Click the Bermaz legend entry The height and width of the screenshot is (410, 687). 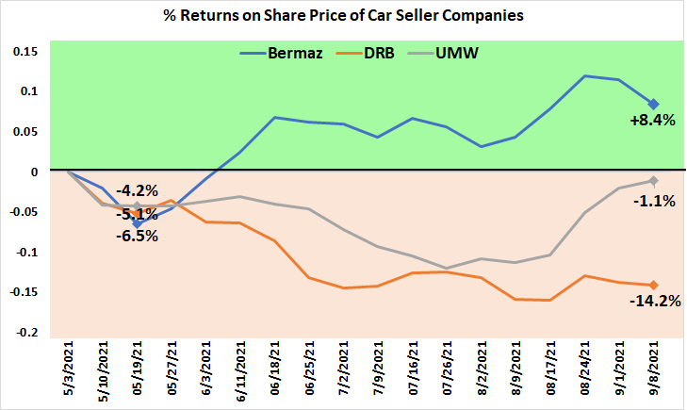pyautogui.click(x=292, y=54)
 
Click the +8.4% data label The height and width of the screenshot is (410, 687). pyautogui.click(x=653, y=121)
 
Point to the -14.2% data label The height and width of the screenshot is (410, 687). pyautogui.click(x=653, y=302)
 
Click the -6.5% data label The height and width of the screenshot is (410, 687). pyautogui.click(x=136, y=236)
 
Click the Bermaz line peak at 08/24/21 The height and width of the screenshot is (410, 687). pyautogui.click(x=584, y=75)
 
